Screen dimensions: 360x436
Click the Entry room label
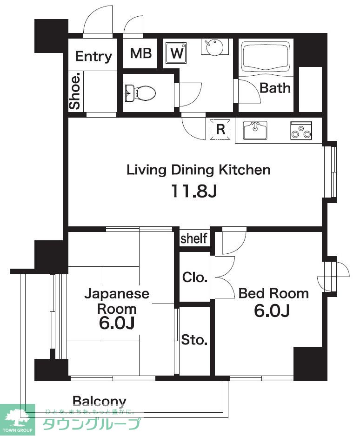click(93, 56)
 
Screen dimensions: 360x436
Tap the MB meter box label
click(141, 53)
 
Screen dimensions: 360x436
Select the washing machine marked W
click(176, 53)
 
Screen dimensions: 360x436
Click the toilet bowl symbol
click(140, 93)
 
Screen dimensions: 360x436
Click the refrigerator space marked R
click(220, 129)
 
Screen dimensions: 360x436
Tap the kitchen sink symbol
click(255, 130)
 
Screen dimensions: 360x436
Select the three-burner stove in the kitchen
click(301, 130)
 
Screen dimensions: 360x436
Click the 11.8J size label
click(193, 191)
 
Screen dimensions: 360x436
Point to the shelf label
click(194, 238)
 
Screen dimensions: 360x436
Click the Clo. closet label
click(195, 277)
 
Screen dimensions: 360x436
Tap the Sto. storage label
click(194, 340)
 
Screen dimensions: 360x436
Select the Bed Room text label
click(273, 294)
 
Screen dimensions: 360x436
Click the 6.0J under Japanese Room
click(117, 323)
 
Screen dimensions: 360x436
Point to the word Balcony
click(100, 402)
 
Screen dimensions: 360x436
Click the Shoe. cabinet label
click(75, 91)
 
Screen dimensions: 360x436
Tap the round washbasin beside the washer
click(214, 47)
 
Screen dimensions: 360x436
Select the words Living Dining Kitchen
click(198, 170)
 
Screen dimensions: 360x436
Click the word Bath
click(275, 88)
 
